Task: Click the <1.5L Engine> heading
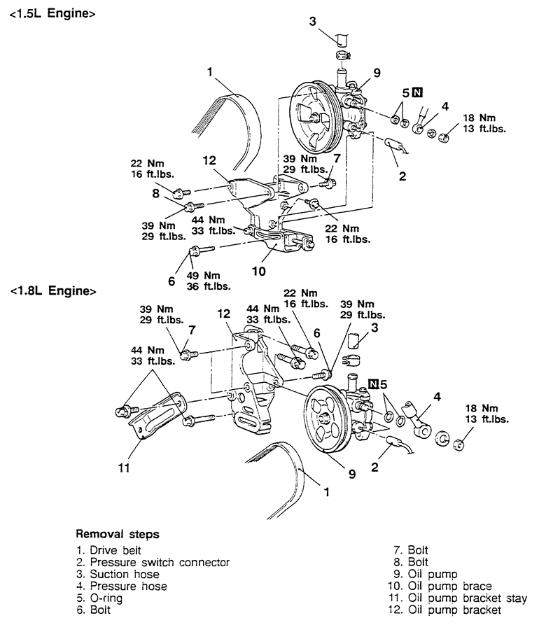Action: (52, 13)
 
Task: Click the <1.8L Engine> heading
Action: (53, 291)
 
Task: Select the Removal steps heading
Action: (118, 534)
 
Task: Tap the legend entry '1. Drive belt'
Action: (108, 551)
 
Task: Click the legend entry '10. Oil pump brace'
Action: (440, 587)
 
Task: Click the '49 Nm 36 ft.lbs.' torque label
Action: (209, 281)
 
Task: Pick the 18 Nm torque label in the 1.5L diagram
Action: (484, 123)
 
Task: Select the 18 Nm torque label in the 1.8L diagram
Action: (486, 414)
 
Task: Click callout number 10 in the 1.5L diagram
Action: (258, 272)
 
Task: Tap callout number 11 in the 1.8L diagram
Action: (124, 468)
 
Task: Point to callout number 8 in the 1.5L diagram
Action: (155, 193)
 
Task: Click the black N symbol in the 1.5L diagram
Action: (417, 92)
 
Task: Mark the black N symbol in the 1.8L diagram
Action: (373, 384)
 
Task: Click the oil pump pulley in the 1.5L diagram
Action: (316, 116)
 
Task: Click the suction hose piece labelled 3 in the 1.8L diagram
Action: (353, 341)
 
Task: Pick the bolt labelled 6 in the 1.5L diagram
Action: (202, 251)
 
